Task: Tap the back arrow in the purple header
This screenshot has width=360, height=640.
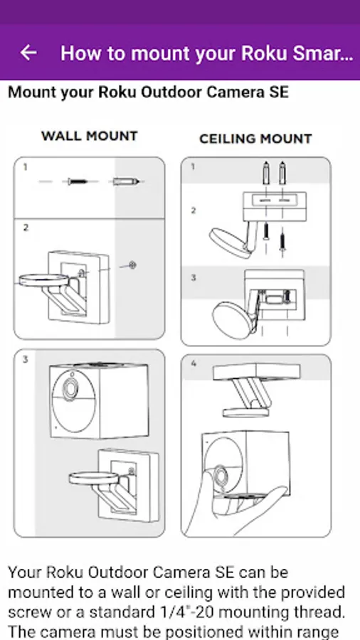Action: point(28,52)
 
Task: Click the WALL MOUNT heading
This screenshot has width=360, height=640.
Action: point(89,136)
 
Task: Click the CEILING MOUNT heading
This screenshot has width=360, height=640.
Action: point(255,139)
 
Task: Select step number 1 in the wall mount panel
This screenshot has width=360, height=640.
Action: point(26,167)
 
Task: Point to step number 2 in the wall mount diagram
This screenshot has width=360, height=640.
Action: point(26,228)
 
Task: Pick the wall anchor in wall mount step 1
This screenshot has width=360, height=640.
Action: point(126,181)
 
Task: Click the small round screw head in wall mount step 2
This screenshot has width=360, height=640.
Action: point(132,265)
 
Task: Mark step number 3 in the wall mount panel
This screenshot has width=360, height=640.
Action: point(26,360)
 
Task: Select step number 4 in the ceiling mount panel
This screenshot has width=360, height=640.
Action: point(193,363)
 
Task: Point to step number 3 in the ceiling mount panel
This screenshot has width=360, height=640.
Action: point(193,277)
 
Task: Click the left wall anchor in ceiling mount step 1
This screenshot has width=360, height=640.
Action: point(266,173)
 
